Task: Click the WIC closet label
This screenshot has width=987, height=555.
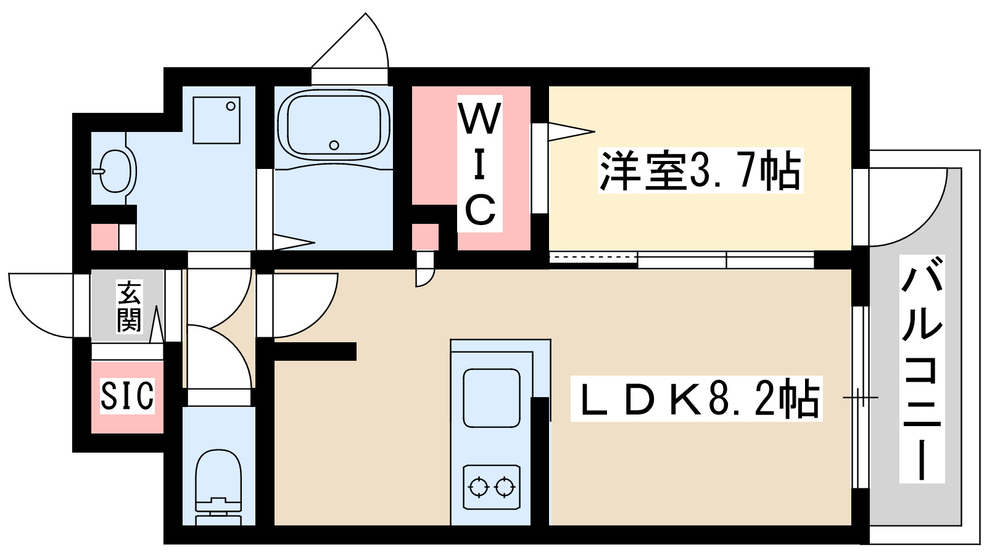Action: click(x=480, y=164)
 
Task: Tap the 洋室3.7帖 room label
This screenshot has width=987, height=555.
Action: click(x=700, y=171)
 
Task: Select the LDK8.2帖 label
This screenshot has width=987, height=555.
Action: click(x=697, y=399)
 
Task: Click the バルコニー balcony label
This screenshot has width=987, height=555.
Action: click(x=922, y=369)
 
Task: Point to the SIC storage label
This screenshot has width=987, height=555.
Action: click(x=127, y=395)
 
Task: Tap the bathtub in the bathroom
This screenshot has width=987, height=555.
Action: click(x=334, y=123)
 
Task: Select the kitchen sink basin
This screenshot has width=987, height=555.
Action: click(x=492, y=398)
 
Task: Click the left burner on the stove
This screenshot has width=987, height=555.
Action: click(x=479, y=488)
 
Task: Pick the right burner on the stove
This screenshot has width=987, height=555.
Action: click(x=505, y=488)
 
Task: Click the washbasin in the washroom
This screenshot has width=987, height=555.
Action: click(x=116, y=171)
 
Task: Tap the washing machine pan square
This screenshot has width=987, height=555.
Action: click(x=217, y=120)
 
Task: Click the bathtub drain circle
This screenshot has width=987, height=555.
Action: click(x=334, y=146)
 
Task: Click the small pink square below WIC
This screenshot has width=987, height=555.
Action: click(x=425, y=237)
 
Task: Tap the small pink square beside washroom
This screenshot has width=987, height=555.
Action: click(x=104, y=237)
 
